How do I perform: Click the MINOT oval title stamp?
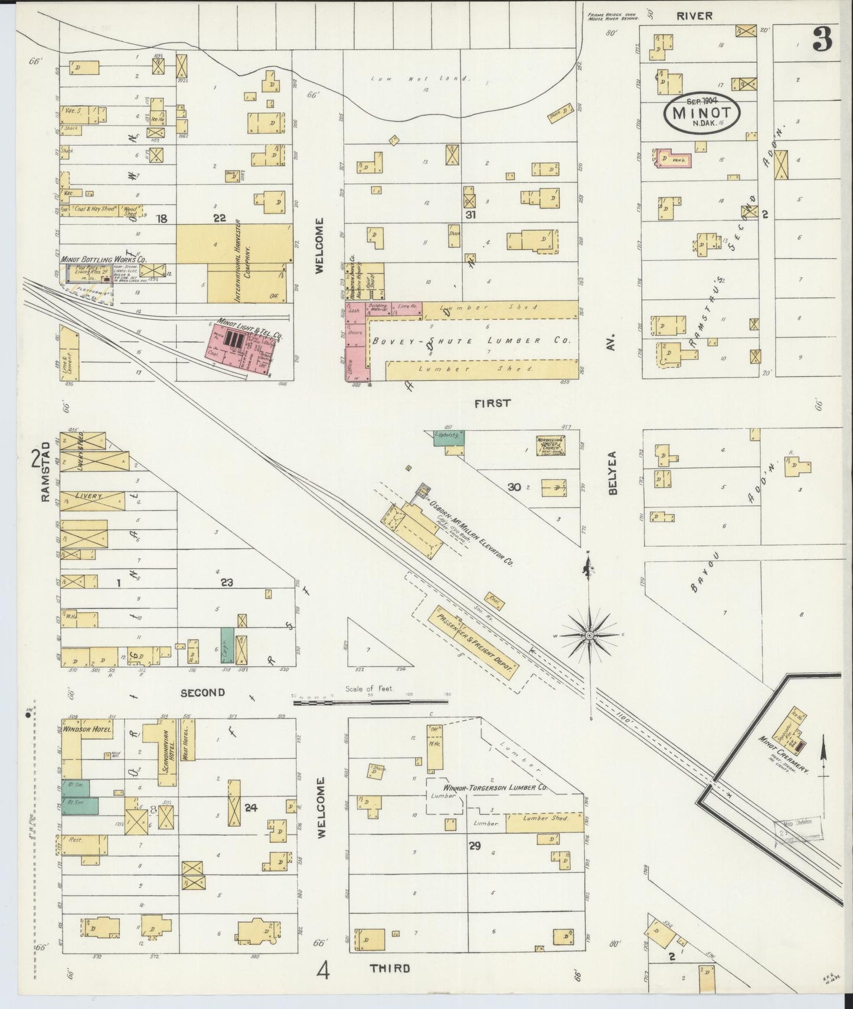point(702,113)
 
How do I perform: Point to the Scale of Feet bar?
point(370,700)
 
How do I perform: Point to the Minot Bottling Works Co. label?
point(103,259)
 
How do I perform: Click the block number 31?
point(470,215)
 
